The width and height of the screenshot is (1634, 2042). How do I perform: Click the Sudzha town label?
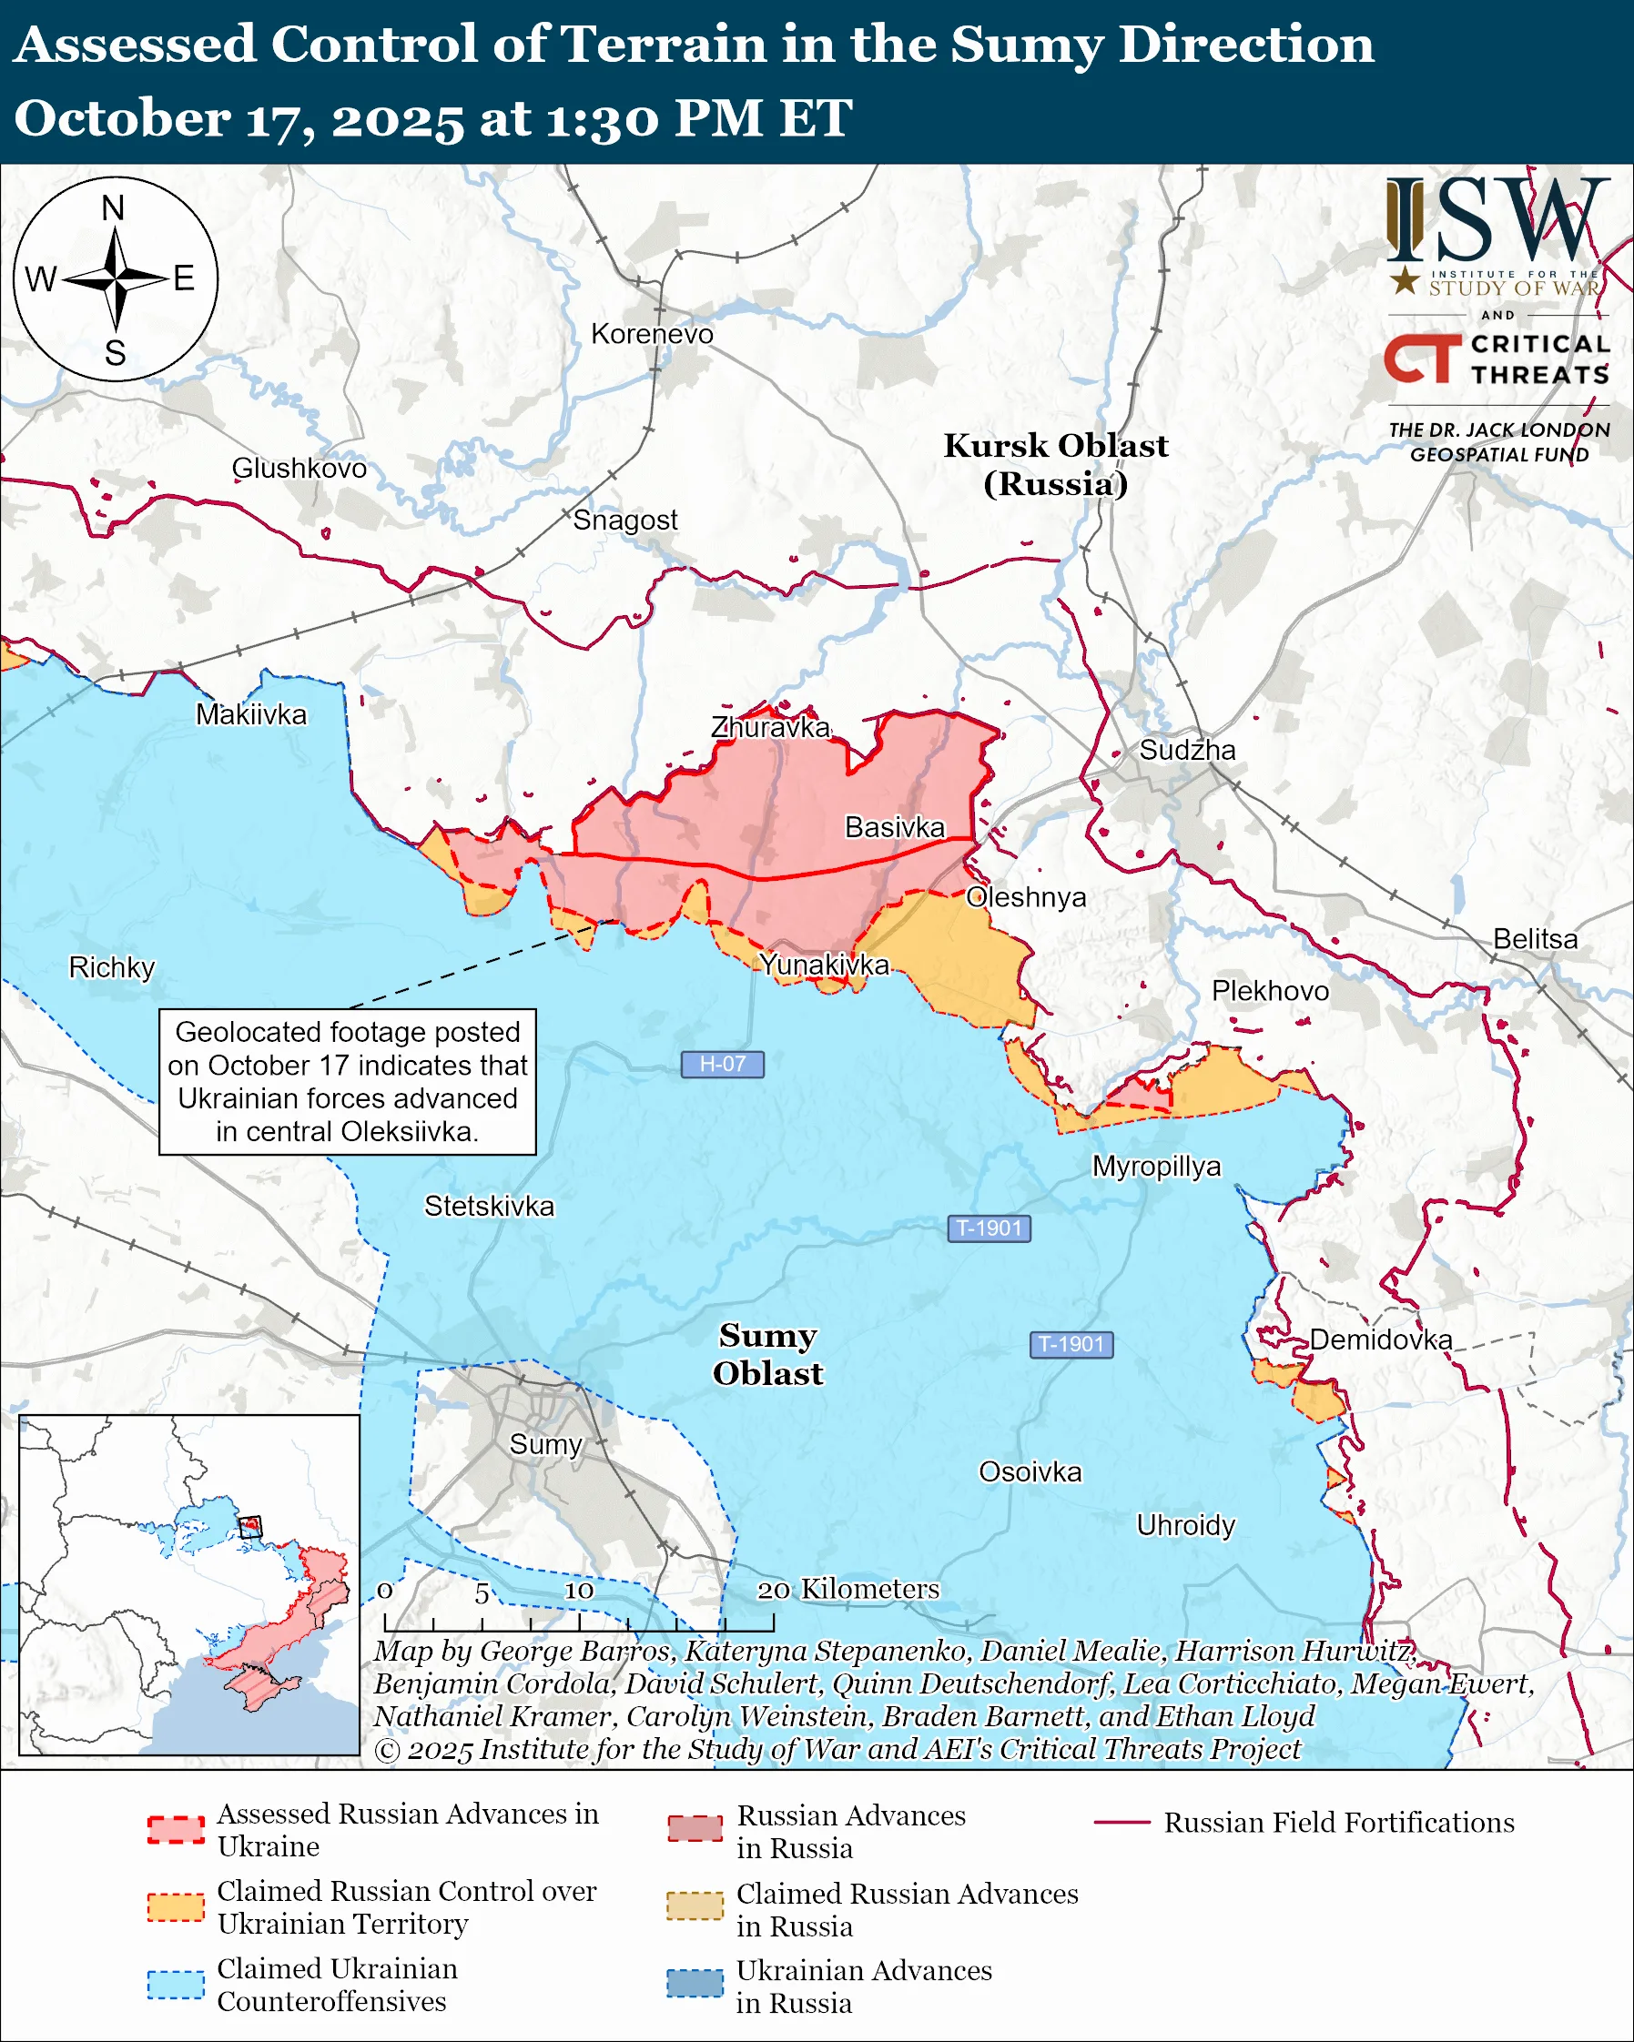click(x=1186, y=750)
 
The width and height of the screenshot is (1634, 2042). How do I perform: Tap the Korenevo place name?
click(x=652, y=334)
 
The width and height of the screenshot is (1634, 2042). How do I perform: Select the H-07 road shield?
click(x=722, y=1065)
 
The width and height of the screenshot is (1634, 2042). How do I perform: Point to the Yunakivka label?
click(x=824, y=965)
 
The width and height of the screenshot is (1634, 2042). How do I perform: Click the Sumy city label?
click(x=544, y=1444)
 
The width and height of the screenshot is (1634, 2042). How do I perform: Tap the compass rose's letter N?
click(x=113, y=208)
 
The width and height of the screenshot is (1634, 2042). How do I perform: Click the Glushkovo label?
click(x=299, y=468)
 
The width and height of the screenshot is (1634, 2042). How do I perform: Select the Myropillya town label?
click(x=1156, y=1166)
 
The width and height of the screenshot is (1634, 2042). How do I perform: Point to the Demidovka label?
click(x=1380, y=1339)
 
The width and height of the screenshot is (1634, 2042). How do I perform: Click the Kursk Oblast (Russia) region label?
click(x=1055, y=464)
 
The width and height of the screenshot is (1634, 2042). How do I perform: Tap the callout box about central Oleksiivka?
click(x=347, y=1082)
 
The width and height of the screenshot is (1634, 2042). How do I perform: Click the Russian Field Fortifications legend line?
click(x=1121, y=1824)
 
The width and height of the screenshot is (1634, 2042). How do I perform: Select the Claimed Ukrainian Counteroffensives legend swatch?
click(x=176, y=1986)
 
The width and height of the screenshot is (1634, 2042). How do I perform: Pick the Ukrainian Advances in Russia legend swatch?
click(x=695, y=1985)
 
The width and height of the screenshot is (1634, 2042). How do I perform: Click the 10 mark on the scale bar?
click(x=579, y=1591)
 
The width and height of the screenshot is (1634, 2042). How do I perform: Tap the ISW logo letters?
click(x=1497, y=219)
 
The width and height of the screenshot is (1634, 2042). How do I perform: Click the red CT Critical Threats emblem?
click(x=1421, y=358)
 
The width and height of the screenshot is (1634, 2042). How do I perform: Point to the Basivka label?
click(x=894, y=827)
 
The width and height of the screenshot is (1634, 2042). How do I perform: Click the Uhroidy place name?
click(x=1185, y=1525)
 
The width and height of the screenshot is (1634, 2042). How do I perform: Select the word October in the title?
click(x=121, y=119)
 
